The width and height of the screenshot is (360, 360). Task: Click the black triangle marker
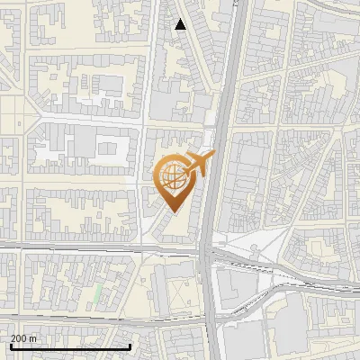[181, 24]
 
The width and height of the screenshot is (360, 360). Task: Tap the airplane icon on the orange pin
[197, 165]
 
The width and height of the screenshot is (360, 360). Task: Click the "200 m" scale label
[23, 338]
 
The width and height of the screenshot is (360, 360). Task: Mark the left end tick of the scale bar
[10, 345]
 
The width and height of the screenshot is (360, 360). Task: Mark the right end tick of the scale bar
[131, 345]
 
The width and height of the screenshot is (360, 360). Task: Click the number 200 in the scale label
[19, 338]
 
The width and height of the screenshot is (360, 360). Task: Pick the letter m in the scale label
[33, 338]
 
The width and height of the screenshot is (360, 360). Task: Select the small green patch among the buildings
[96, 293]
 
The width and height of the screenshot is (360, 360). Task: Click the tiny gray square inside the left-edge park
[18, 123]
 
